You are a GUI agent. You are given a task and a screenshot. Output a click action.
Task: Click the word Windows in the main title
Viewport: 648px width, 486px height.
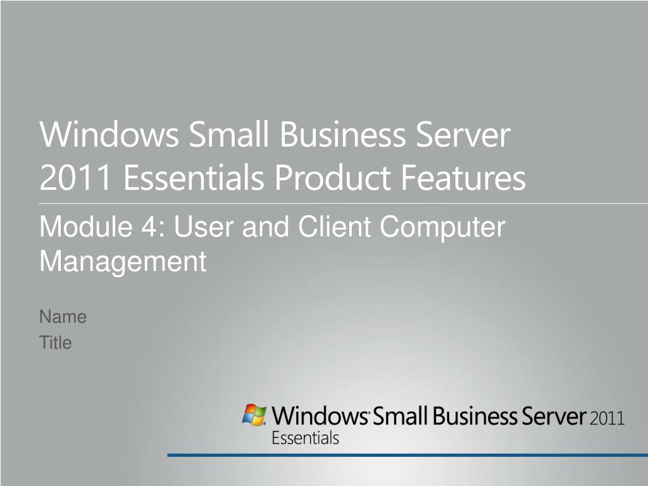pyautogui.click(x=109, y=134)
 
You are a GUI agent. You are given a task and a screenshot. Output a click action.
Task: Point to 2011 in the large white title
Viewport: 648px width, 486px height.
pyautogui.click(x=76, y=177)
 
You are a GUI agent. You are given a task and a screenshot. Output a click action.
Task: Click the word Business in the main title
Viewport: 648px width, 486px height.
pyautogui.click(x=343, y=134)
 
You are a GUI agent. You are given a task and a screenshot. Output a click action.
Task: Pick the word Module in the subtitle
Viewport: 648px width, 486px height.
pyautogui.click(x=86, y=227)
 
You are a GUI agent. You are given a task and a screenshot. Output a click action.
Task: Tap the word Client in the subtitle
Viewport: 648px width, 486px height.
pyautogui.click(x=334, y=227)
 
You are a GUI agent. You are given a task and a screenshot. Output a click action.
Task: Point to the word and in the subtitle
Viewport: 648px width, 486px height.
pyautogui.click(x=265, y=227)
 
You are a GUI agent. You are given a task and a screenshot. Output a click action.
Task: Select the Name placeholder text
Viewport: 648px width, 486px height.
pyautogui.click(x=63, y=317)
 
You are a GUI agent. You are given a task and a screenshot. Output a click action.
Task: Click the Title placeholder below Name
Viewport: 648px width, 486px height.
pyautogui.click(x=56, y=342)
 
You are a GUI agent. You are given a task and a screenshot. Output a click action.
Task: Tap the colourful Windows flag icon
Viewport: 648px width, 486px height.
pyautogui.click(x=254, y=414)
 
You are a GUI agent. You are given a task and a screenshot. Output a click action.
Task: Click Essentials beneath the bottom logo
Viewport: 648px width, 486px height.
pyautogui.click(x=306, y=438)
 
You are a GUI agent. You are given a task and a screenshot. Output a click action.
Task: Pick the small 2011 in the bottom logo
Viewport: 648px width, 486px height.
pyautogui.click(x=607, y=418)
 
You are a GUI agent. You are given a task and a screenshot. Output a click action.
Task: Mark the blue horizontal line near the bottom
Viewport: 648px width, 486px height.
pyautogui.click(x=408, y=455)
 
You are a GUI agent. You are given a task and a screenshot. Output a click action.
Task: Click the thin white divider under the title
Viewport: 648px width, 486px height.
pyautogui.click(x=344, y=203)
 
